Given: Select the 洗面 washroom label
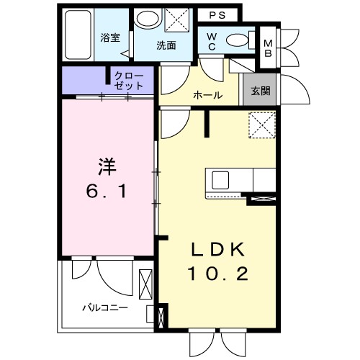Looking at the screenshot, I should [167, 45].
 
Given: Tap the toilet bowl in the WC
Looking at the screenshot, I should [236, 40].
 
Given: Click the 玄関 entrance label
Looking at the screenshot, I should [260, 91].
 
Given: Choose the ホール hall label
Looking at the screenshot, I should [207, 95].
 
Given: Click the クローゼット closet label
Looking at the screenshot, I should [129, 80].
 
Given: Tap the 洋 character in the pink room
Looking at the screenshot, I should [107, 166].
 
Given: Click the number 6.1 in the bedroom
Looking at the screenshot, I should [107, 193].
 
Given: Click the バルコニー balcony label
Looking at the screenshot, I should [104, 307].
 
